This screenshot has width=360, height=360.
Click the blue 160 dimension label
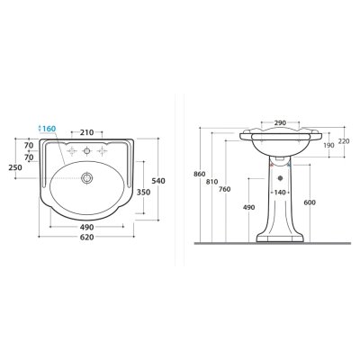point(49,129)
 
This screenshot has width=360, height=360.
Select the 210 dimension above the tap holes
point(87,132)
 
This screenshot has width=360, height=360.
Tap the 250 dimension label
point(15,167)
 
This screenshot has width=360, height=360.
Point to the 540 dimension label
point(158,181)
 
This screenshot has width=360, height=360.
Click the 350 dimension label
point(143,192)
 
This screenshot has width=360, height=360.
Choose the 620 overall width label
point(87,238)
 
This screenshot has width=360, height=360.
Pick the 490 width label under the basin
point(87,227)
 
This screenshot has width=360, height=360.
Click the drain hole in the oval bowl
point(87,178)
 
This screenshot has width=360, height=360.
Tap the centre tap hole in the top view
point(87,151)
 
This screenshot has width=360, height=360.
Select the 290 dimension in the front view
point(280,122)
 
